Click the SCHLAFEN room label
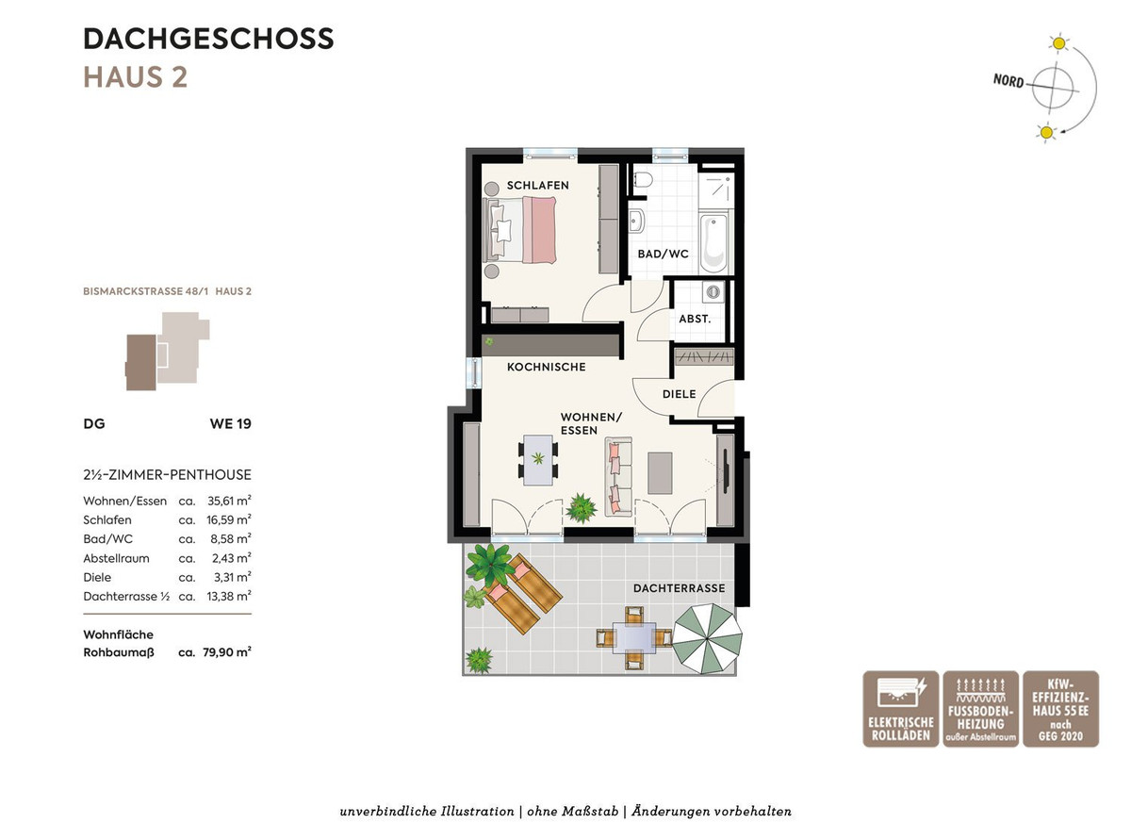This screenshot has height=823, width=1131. tap(538, 186)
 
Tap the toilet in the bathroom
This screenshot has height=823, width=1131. tap(641, 179)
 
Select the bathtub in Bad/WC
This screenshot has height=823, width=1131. tap(713, 242)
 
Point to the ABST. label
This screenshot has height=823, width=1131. tap(695, 319)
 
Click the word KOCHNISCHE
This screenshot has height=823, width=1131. tap(547, 367)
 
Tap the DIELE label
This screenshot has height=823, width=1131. tap(680, 394)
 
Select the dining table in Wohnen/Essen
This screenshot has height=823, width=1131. tap(538, 460)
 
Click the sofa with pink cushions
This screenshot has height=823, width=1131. tap(618, 477)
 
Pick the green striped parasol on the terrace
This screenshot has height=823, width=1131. tap(708, 638)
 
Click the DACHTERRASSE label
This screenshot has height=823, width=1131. tap(680, 588)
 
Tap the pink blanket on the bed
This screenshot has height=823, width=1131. tap(539, 230)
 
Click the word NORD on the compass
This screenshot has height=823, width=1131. tap(1008, 80)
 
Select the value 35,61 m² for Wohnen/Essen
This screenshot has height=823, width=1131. tap(229, 501)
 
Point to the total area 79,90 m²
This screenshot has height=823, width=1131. tap(227, 651)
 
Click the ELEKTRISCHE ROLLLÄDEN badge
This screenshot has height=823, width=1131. tap(901, 708)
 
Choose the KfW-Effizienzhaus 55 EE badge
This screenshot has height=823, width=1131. tap(1061, 708)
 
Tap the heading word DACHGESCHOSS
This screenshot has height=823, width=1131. tap(208, 39)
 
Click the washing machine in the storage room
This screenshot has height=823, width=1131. tap(713, 291)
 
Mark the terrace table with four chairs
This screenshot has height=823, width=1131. tap(634, 638)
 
